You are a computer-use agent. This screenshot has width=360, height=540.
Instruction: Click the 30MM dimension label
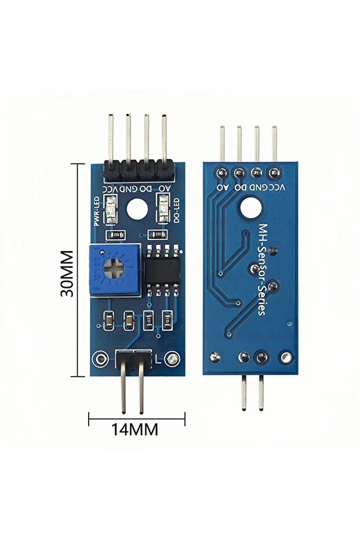pyautogui.click(x=68, y=273)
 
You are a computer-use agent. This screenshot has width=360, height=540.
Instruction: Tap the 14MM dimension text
pyautogui.click(x=135, y=430)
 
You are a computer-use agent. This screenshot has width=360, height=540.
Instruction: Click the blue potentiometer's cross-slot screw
pyautogui.click(x=117, y=270)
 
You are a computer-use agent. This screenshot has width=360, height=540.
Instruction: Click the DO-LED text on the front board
pyautogui.click(x=177, y=211)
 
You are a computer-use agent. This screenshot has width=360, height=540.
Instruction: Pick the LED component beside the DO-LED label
pyautogui.click(x=164, y=211)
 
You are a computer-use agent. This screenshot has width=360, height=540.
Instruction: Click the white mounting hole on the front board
pyautogui.click(x=137, y=209)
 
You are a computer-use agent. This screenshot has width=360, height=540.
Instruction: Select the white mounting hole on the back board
pyautogui.click(x=252, y=208)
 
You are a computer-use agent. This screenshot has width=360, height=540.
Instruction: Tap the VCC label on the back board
pyautogui.click(x=278, y=187)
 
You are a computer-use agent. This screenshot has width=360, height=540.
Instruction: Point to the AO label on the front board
pyautogui.click(x=165, y=189)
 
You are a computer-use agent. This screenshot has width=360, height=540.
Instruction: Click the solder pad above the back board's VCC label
pyautogui.click(x=274, y=172)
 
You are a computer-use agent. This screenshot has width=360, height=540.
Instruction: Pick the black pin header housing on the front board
pyautogui.click(x=138, y=170)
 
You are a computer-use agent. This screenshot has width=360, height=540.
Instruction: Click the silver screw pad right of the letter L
pyautogui.click(x=171, y=360)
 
